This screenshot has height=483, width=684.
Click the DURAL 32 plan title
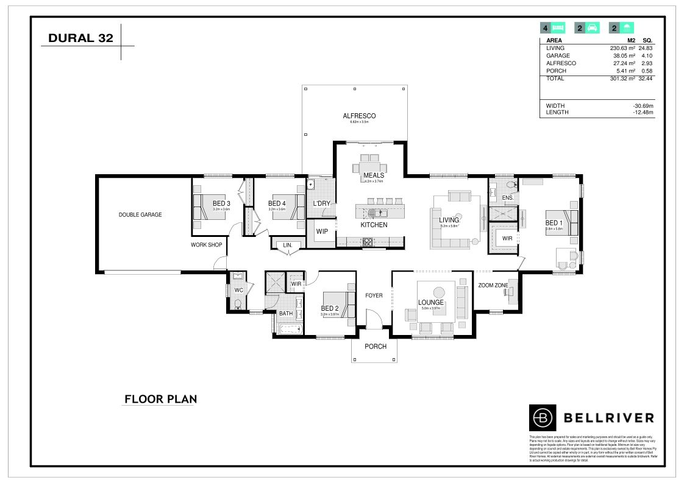[80, 38]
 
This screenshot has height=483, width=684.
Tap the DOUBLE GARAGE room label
[140, 214]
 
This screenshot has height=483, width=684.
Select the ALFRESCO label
[359, 116]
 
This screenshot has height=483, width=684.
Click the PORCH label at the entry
[376, 347]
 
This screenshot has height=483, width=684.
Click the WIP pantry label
[321, 231]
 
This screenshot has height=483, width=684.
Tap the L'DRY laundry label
[321, 203]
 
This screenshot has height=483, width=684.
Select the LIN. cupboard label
[288, 245]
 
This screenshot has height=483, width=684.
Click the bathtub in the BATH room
[290, 330]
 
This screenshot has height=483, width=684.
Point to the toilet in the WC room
[239, 303]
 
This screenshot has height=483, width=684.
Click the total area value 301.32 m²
[622, 79]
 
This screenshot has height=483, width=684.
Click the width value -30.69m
[643, 105]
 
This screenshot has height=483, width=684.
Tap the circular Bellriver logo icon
[542, 417]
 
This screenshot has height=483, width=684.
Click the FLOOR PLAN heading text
[160, 400]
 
